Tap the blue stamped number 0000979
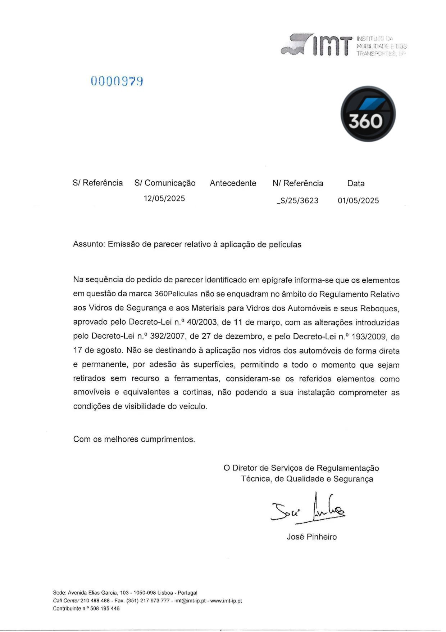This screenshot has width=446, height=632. point(117,81)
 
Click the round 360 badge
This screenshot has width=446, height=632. point(368,114)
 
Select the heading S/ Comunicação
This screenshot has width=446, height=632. point(165,183)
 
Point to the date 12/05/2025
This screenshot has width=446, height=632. point(164,199)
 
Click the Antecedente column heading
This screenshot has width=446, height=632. point(233,183)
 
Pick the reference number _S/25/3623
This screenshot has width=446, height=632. point(297,201)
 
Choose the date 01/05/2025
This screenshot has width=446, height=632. point(358,201)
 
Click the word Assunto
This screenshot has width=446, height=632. point(88,244)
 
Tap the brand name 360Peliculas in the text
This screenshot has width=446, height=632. point(176,294)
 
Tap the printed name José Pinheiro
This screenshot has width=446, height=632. point(311,537)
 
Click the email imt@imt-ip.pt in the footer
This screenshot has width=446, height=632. point(190,601)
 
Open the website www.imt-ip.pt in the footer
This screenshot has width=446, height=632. point(226,601)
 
